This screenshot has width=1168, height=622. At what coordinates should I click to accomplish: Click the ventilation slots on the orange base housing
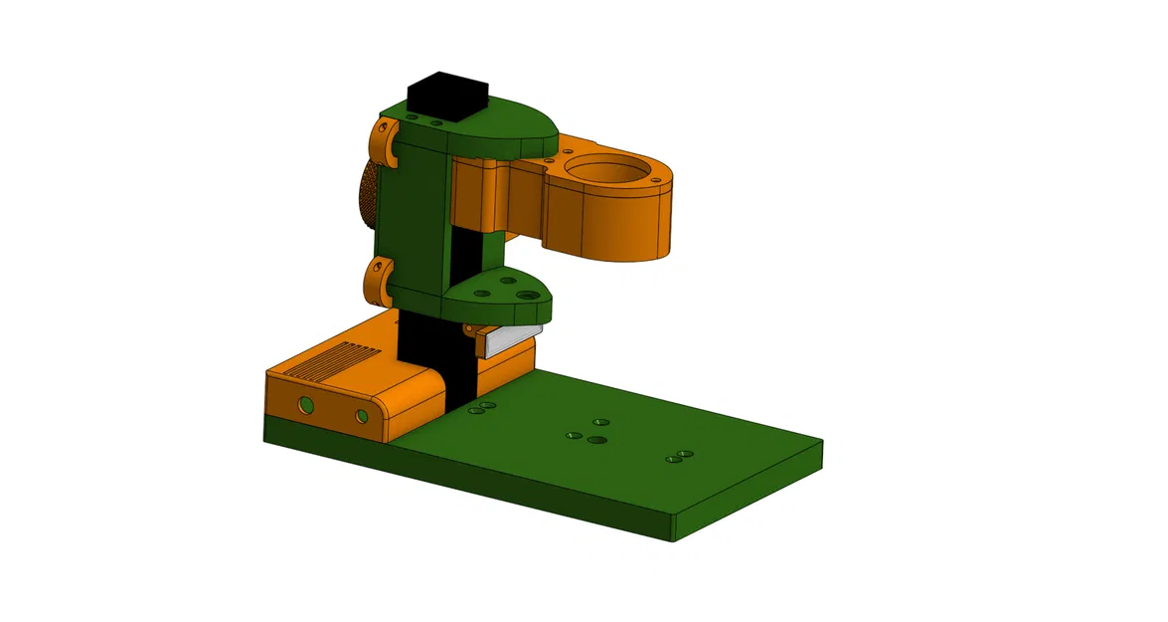tap(339, 360)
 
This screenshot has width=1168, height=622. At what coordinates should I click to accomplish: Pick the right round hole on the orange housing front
tap(361, 415)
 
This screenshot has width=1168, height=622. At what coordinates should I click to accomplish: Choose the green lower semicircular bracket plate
tap(497, 293)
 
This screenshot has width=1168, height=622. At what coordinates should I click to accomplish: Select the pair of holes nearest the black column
tap(482, 407)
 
